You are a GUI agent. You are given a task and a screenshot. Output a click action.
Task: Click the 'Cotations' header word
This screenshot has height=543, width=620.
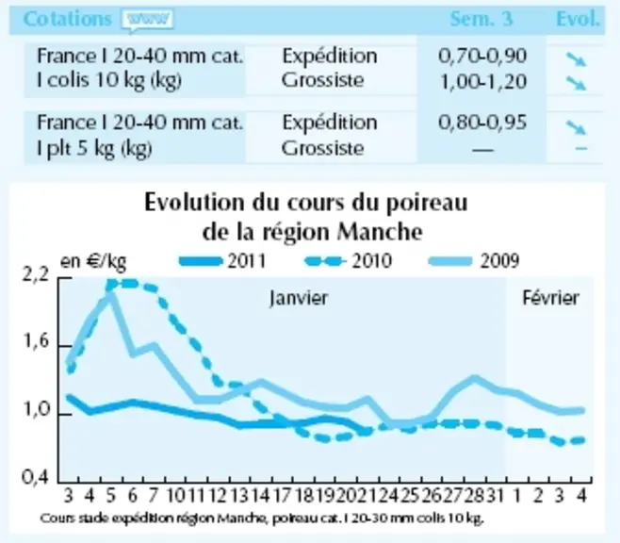pos(68,19)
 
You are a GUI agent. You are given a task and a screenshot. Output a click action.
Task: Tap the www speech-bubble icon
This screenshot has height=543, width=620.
pos(148,20)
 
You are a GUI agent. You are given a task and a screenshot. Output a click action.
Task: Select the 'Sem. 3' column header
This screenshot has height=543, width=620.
pos(481,19)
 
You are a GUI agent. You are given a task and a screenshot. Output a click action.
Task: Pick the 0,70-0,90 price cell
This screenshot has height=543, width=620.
pos(482,56)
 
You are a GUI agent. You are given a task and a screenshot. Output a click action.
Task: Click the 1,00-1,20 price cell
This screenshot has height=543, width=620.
pos(483,81)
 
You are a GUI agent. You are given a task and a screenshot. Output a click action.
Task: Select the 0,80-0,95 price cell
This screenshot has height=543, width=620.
pos(482,123)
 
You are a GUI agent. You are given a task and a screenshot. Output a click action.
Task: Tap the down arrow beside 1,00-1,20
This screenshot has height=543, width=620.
pos(576,83)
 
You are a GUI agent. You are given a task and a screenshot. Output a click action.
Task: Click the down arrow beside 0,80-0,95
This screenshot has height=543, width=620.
pos(576,126)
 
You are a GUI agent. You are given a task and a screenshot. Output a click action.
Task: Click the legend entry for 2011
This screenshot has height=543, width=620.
pos(222,261)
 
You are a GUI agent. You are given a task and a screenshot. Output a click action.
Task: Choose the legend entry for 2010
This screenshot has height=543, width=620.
pos(349,261)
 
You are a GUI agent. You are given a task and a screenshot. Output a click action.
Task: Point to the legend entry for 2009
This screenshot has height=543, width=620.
pos(474,261)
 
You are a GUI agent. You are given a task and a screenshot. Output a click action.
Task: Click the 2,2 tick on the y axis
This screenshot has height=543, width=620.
pos(37,274)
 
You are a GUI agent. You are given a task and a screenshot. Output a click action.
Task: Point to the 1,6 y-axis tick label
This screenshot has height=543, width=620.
pos(37,341)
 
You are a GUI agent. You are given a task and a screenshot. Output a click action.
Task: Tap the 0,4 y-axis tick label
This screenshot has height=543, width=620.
pos(36,477)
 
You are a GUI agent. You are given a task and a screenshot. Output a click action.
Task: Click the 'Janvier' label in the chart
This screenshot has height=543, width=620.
pos(299,298)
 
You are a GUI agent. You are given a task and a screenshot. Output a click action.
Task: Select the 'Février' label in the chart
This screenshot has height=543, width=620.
pos(551,298)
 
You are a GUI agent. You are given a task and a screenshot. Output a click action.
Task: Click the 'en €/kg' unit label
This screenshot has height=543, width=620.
pos(93,262)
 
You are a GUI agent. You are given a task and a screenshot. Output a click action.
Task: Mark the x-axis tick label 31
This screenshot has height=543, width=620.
pos(495,496)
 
